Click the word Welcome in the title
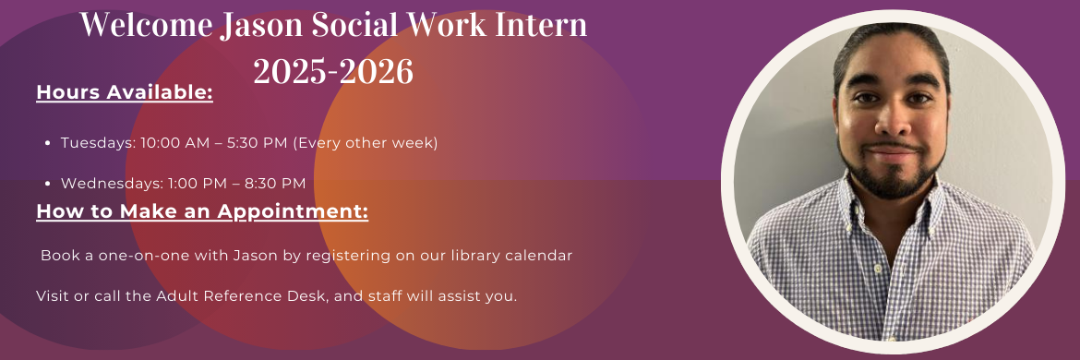pos(145,26)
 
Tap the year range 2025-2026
pos(333,71)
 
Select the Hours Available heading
pos(125,92)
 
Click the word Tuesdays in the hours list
pos(98,143)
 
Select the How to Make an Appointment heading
pos(202,211)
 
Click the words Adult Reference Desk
pos(245,296)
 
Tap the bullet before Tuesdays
pos(47,143)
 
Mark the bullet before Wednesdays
pos(47,184)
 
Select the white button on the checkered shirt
pos(877,268)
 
